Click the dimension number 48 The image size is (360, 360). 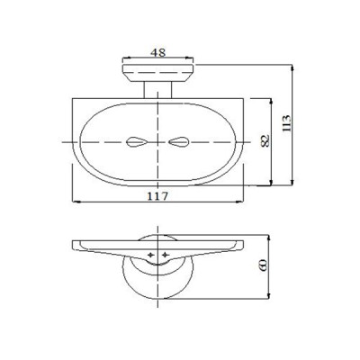158,53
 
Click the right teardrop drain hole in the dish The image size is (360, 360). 180,142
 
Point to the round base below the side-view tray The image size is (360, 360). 158,279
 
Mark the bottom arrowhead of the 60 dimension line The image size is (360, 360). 267,302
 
